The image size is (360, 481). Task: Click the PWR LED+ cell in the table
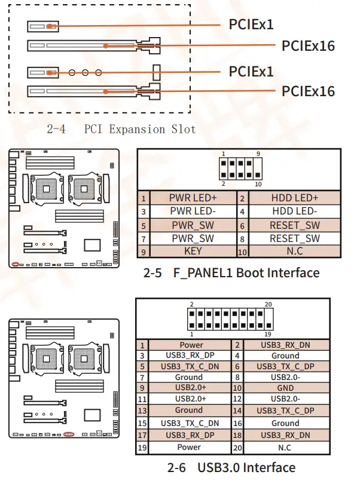[193, 198]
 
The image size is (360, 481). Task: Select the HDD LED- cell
[295, 212]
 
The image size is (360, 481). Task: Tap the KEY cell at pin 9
[193, 252]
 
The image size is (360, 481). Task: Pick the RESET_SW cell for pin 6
[295, 225]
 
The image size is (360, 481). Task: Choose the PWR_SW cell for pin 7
[193, 238]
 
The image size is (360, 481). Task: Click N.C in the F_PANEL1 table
[295, 252]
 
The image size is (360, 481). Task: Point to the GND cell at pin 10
[285, 388]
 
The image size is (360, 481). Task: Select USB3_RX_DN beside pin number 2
[285, 345]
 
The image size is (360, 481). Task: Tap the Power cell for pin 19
[189, 447]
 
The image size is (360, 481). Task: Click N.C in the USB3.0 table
[285, 447]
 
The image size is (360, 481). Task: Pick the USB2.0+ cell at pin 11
[189, 399]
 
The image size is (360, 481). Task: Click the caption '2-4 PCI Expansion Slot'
[121, 129]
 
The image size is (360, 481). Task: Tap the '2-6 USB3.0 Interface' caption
[231, 467]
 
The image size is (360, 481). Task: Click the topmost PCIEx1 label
[251, 24]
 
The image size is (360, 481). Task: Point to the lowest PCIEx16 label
[308, 91]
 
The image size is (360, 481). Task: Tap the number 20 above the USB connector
[269, 304]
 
